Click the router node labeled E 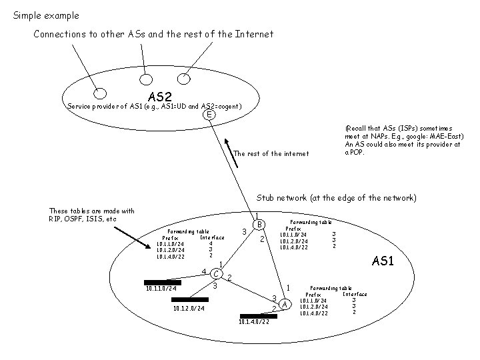coord(210,115)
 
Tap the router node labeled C coord(216,273)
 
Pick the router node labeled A coord(285,305)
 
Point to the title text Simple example coord(46,15)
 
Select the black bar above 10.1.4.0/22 coord(258,316)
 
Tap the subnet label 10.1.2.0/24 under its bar coord(189,309)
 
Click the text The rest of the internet coord(271,154)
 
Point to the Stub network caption coord(337,198)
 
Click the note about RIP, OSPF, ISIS coord(91,215)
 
